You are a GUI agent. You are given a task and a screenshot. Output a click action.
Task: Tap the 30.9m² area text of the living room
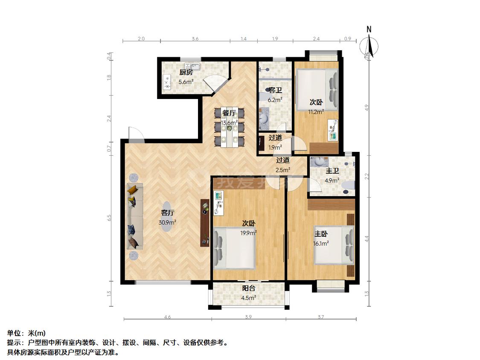tap(167, 222)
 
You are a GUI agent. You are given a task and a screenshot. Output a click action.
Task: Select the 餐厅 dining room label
tap(230, 113)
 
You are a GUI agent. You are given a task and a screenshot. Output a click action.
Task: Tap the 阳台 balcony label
tap(249, 288)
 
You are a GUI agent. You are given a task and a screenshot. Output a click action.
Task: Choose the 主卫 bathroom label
tap(332, 171)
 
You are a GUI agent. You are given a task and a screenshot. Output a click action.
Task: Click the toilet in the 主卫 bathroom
tap(348, 185)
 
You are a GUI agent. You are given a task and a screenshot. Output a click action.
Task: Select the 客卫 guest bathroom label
tap(275, 90)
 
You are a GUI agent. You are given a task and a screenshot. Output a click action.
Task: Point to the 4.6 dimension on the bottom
tap(167, 317)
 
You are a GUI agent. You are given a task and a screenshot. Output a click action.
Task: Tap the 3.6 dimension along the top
tap(195, 39)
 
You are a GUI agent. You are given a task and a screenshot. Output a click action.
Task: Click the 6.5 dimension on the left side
tap(110, 218)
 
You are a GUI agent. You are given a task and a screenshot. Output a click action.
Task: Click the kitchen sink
tap(195, 66)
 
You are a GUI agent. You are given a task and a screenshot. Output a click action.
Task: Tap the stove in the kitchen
tap(166, 82)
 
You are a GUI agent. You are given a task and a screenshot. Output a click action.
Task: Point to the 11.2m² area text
tap(316, 112)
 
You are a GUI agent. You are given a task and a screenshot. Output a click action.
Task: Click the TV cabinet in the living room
tap(205, 223)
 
